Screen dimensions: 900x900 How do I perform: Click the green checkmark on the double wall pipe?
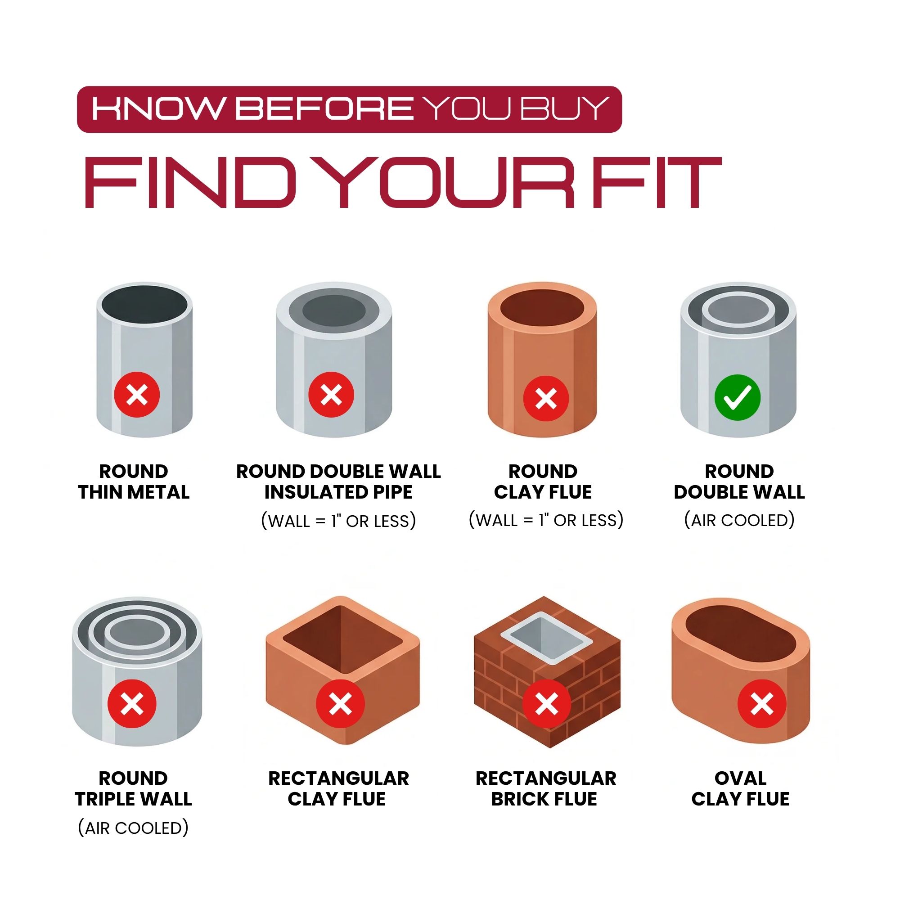[738, 397]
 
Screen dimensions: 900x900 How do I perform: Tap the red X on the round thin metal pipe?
[137, 395]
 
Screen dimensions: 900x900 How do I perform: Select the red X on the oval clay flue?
[762, 703]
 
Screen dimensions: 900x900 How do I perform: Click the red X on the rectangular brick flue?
[547, 703]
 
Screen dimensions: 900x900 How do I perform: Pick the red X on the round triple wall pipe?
[132, 703]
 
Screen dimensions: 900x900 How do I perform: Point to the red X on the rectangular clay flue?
[341, 703]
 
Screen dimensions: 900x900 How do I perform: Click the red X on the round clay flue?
[546, 399]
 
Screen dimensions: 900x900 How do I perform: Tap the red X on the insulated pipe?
[331, 395]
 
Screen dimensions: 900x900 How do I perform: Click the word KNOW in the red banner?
[157, 108]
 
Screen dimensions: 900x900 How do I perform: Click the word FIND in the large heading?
[190, 182]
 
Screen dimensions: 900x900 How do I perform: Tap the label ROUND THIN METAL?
[134, 481]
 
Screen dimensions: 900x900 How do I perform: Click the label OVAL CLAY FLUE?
[740, 788]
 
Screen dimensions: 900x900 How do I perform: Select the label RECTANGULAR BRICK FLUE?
[545, 788]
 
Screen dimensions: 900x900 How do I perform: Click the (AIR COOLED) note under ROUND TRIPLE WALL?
[133, 828]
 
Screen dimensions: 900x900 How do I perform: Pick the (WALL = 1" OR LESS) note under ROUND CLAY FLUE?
[546, 520]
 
